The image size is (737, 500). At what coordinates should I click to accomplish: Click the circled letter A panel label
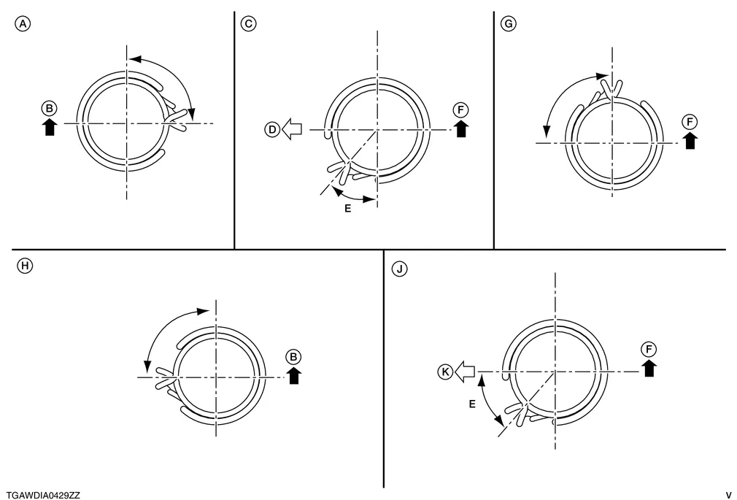[23, 23]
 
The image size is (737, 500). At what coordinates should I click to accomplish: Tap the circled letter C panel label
[249, 23]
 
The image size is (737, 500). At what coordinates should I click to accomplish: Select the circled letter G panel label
[509, 23]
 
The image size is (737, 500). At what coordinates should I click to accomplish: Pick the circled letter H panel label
[25, 266]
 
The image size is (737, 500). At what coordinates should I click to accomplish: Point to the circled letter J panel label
[400, 269]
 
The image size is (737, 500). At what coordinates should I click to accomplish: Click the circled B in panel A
[50, 109]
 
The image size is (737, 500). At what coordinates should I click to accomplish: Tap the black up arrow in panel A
[50, 127]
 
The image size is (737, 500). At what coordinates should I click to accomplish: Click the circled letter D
[273, 129]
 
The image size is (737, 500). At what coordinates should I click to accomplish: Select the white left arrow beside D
[292, 129]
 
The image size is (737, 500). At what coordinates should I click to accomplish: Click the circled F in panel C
[460, 110]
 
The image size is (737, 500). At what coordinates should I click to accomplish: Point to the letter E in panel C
[348, 208]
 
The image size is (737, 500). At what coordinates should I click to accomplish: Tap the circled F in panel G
[690, 123]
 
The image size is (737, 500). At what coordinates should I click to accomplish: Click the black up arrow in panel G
[690, 141]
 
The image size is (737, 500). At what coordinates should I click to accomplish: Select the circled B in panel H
[293, 357]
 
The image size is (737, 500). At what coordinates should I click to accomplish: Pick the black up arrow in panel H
[294, 375]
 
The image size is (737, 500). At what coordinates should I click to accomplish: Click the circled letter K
[446, 372]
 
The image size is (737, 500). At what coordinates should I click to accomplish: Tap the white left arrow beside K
[465, 372]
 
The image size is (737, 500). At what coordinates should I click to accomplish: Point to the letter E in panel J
[472, 404]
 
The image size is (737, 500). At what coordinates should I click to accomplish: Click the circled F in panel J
[649, 350]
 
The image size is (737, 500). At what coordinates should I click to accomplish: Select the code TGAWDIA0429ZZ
[43, 496]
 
